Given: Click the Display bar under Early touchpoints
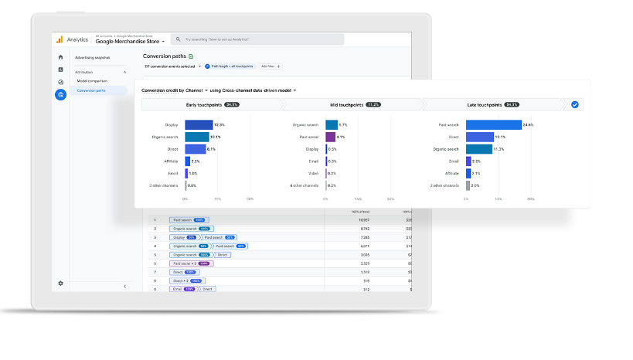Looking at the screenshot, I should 199,124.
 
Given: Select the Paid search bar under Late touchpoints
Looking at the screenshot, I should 493,124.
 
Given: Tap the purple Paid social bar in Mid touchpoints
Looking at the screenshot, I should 331,137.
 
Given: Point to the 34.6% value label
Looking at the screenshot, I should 528,124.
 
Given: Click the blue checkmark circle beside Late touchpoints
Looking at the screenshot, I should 575,104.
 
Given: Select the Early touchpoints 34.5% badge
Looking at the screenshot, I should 232,104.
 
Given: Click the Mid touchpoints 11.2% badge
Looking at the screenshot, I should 373,104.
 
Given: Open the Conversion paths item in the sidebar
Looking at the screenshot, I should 92,90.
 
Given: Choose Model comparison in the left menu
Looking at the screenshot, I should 92,80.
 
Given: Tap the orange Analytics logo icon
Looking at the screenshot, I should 59,39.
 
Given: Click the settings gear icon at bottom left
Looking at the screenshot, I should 60,284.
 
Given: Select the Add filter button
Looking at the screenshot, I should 271,66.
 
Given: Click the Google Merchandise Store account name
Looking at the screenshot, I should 128,42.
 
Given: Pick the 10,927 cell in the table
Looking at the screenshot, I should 361,219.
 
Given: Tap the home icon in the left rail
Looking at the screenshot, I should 60,57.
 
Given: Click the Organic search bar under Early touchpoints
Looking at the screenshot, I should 197,137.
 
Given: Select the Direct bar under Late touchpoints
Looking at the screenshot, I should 479,137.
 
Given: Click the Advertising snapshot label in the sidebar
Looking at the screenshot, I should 92,57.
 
